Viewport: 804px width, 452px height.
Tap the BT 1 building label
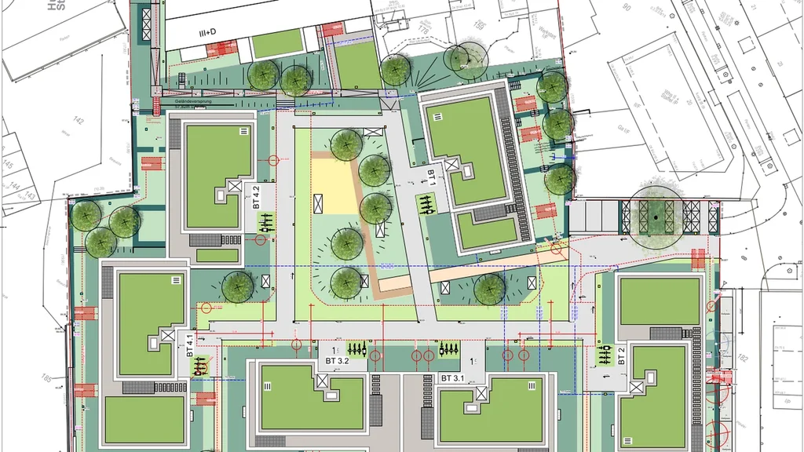coord(431,174)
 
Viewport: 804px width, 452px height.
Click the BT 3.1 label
coord(452,378)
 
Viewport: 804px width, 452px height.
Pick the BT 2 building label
coord(620,355)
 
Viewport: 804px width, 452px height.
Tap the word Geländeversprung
coord(195,101)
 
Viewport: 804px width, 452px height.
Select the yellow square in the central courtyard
coord(334,186)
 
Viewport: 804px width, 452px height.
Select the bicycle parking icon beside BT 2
coord(605,357)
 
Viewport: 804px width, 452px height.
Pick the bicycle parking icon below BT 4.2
coord(266,223)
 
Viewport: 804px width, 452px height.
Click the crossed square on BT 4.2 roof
coord(234,187)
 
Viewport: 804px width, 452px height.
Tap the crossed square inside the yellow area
coord(317,203)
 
